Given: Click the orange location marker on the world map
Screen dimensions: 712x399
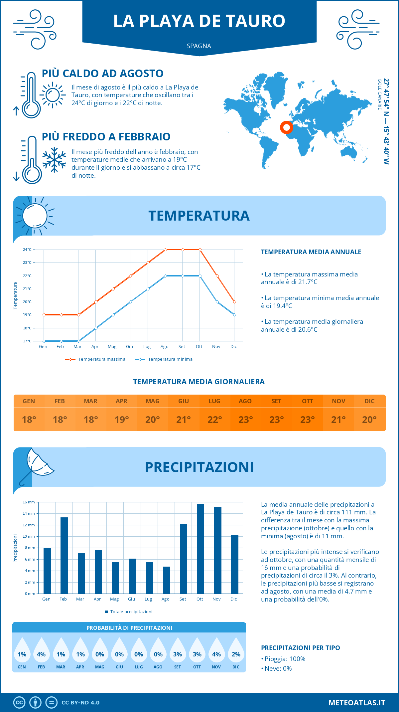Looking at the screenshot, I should (x=286, y=127).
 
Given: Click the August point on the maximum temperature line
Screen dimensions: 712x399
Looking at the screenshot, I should (x=165, y=250).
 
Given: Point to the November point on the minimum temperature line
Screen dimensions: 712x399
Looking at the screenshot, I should (x=217, y=302).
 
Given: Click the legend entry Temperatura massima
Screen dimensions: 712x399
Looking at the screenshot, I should (x=96, y=359).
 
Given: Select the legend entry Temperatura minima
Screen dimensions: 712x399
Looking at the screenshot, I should (x=164, y=359).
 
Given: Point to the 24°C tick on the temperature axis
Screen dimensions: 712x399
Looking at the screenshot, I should (x=27, y=250).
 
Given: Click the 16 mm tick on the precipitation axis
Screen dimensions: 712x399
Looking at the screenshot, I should (x=29, y=502).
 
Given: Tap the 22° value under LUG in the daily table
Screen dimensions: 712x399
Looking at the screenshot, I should (x=214, y=420).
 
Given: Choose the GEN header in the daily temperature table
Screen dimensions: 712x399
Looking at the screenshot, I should (x=29, y=401).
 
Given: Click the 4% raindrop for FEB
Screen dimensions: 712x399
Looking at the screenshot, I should (x=41, y=651).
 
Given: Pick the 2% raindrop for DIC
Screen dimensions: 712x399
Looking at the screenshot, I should (x=236, y=651).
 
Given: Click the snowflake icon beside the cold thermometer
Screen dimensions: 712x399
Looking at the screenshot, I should (x=54, y=160).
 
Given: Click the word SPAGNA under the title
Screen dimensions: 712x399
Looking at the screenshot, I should (x=199, y=46).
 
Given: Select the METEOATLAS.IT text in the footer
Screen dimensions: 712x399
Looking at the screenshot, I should (x=356, y=703).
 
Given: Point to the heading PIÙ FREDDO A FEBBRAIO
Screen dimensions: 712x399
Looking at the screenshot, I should (x=106, y=137).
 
